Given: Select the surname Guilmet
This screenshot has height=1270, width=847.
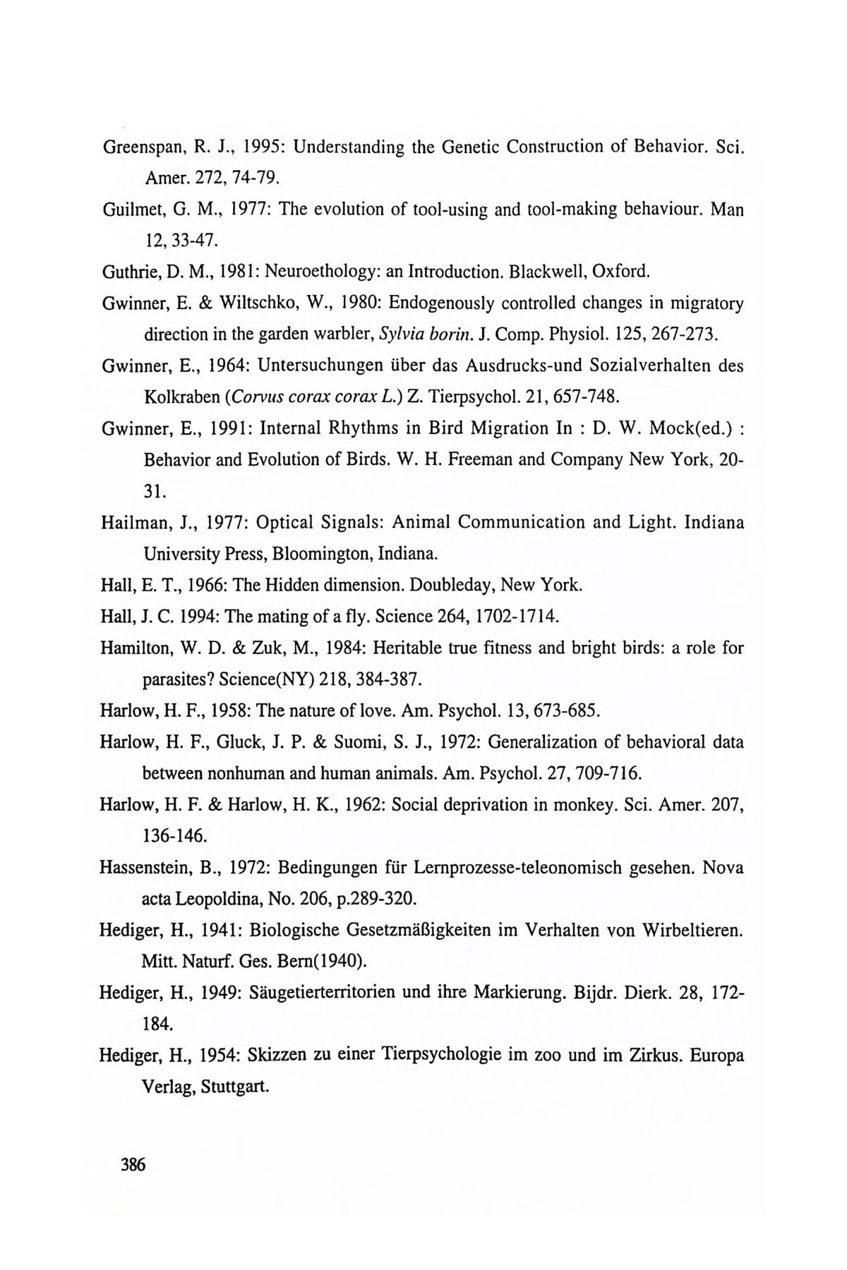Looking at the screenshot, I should [131, 210].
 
